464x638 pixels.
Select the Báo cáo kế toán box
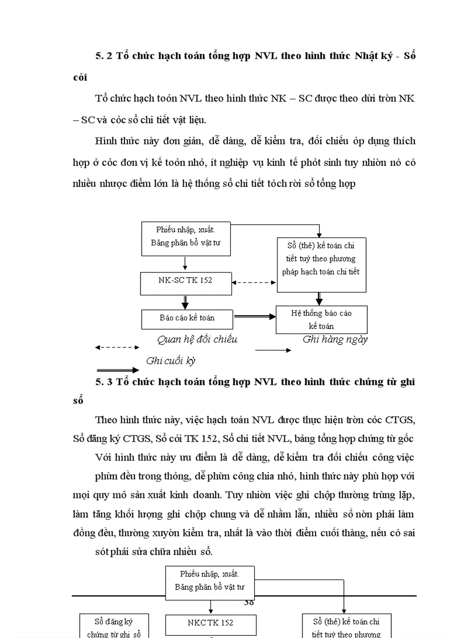point(187,318)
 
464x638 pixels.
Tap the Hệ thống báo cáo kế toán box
point(321,320)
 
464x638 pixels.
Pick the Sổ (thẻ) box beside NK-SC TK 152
point(321,265)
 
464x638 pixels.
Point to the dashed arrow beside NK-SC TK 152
point(254,282)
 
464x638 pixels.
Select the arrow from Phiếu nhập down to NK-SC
point(185,263)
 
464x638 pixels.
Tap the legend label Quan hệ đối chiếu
point(197,340)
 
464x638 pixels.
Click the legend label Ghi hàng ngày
point(335,340)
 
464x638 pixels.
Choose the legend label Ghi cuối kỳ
point(171,361)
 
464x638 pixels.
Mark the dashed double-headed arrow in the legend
point(117,347)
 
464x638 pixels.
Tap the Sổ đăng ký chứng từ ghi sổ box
point(114,626)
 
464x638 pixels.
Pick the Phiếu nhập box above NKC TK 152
point(210,581)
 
